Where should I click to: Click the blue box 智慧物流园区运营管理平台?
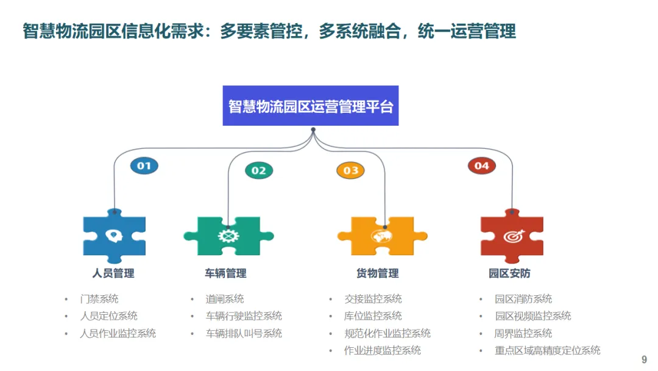[310, 106]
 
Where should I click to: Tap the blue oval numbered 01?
[144, 165]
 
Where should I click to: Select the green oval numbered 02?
[259, 170]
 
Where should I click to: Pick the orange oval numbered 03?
[350, 170]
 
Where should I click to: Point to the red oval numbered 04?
[481, 165]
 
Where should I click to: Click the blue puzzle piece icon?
[114, 236]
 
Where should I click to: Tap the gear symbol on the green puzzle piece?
[228, 236]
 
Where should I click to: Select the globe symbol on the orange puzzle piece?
[382, 236]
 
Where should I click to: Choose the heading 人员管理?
[113, 273]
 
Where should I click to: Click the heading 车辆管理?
[226, 273]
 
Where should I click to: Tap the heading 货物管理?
[378, 273]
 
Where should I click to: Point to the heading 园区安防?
[509, 273]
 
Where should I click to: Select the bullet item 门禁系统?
[99, 299]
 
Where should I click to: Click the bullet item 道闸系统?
[224, 299]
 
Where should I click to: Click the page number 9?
[644, 360]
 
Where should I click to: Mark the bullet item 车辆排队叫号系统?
[244, 333]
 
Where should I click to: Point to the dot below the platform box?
[313, 129]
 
